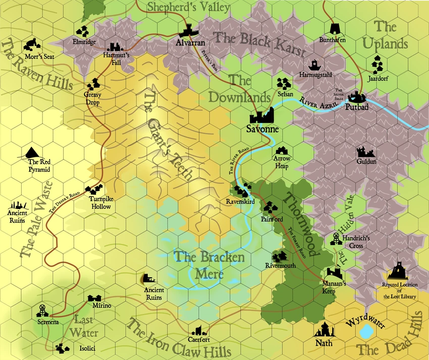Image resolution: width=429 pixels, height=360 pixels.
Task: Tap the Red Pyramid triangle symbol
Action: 31,151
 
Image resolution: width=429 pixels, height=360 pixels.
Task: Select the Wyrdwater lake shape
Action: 367,332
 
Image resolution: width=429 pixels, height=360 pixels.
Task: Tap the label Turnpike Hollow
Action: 100,203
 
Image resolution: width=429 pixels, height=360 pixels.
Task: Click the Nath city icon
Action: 324,330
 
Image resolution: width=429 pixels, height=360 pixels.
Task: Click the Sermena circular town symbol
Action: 42,311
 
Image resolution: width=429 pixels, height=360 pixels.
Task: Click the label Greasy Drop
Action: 92,99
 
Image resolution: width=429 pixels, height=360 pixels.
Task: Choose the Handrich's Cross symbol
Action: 336,238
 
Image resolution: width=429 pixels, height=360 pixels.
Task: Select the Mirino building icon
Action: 94,298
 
